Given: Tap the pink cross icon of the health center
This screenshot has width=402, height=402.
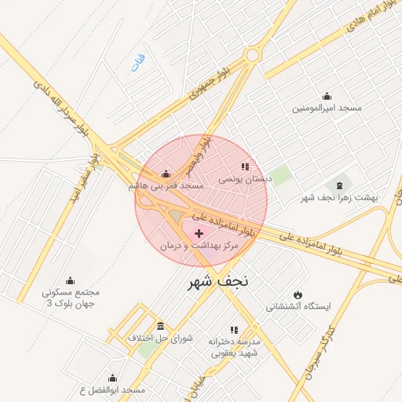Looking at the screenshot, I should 199,233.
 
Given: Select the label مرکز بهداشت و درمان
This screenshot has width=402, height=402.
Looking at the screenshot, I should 199,246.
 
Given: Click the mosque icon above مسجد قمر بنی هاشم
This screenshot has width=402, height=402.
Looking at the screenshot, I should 165,174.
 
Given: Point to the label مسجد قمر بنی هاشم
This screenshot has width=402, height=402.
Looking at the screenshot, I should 166,186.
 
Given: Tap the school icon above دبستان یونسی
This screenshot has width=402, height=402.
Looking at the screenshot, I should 244,166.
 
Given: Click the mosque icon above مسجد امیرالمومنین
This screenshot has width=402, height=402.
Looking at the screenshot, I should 327,96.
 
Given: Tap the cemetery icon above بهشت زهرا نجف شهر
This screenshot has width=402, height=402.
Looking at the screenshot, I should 339,185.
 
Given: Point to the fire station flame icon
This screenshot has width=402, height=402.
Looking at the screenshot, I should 298,294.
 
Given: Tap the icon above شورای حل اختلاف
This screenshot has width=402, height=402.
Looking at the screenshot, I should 160,325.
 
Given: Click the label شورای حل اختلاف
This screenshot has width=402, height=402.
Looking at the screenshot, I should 160,338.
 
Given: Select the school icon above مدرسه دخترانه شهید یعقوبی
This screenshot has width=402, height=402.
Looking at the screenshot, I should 232,330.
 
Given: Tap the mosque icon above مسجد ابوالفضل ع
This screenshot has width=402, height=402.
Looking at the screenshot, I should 112,378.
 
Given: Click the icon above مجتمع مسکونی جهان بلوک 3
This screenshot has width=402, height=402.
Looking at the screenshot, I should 70,280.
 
